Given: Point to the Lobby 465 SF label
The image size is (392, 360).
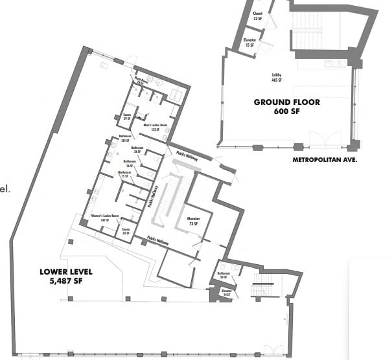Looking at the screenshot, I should [277, 78].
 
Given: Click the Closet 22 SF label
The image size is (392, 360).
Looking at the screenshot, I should [257, 17].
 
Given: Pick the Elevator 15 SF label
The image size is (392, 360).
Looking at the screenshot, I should [250, 43].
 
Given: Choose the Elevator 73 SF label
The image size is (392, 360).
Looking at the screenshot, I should [194, 221].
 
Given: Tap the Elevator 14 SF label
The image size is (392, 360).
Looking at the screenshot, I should [226, 292].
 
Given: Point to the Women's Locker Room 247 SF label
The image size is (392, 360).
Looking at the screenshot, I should [106, 218].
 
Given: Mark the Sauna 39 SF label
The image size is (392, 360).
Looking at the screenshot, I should [127, 117].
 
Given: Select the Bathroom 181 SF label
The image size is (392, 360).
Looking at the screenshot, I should [125, 138].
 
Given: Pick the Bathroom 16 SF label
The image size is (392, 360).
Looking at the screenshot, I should [130, 163].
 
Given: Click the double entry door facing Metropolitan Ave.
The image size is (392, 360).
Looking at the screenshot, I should [322, 140].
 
